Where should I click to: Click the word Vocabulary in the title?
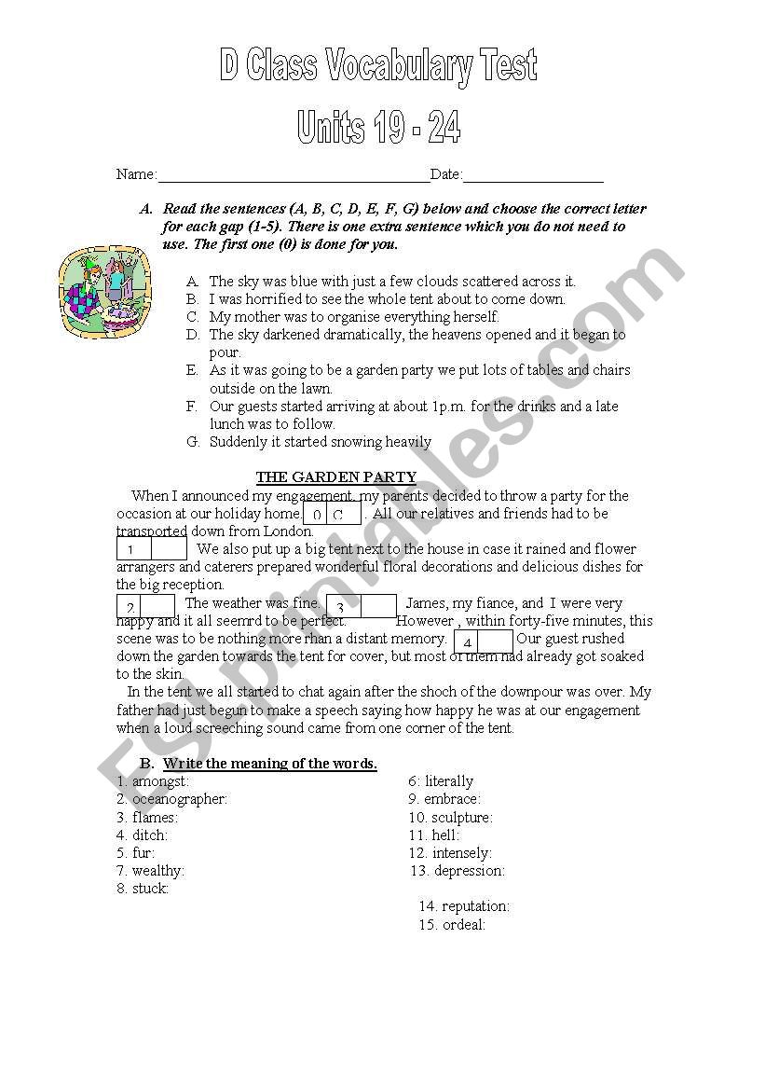click(x=411, y=66)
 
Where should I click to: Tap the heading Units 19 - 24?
click(x=378, y=128)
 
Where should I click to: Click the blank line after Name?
click(x=294, y=175)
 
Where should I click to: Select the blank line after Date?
click(x=533, y=175)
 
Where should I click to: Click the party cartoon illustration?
click(x=104, y=293)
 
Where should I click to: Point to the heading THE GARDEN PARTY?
click(x=336, y=477)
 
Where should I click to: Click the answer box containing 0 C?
click(x=332, y=514)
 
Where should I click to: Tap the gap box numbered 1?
click(x=151, y=549)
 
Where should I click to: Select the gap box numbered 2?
click(x=145, y=608)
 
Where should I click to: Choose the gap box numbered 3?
click(x=361, y=607)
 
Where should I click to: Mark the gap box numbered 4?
click(x=483, y=642)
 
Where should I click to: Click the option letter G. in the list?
click(x=193, y=442)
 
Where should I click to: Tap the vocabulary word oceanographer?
click(x=179, y=799)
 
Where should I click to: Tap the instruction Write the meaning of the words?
click(x=270, y=764)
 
